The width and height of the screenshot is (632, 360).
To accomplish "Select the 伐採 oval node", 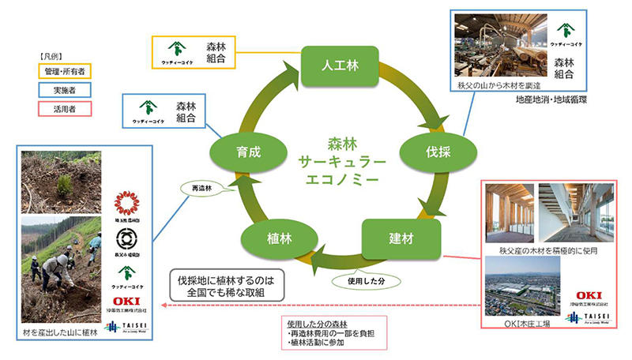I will (434, 151).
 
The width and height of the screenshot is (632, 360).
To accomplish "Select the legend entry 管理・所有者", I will (63, 72).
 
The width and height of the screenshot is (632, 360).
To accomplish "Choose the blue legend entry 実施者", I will (63, 89).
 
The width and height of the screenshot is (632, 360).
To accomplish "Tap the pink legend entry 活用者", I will (63, 107).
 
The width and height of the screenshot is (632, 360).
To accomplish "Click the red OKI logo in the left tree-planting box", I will (126, 300).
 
